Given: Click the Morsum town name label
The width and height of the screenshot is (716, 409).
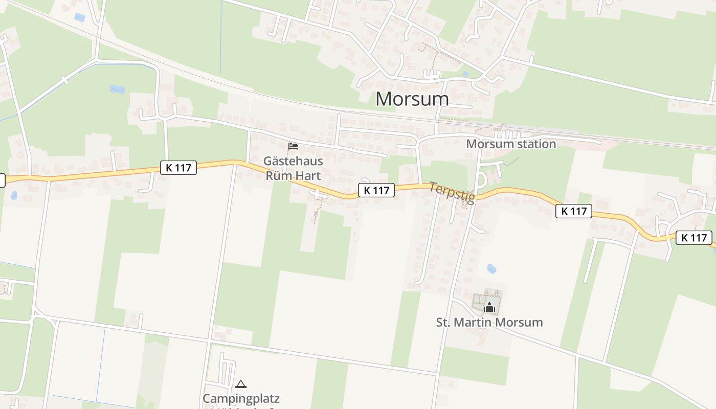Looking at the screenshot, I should point(412,99).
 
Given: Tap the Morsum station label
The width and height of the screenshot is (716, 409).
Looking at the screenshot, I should point(510,144).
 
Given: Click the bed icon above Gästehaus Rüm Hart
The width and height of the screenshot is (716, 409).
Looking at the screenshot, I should point(293,147).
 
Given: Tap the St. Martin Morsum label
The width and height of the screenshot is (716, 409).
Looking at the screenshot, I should point(489,323).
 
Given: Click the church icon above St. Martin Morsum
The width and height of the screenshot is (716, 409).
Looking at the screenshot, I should point(489,307).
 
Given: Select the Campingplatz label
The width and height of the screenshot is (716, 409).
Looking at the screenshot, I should point(241,398).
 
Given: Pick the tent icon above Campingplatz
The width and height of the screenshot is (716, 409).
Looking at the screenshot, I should point(241,384).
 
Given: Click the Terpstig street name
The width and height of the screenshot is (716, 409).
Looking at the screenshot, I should point(452,193).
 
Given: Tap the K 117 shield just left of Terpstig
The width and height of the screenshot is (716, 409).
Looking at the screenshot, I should point(376,190).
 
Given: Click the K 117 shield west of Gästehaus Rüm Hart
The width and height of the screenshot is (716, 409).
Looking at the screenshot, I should point(178,167).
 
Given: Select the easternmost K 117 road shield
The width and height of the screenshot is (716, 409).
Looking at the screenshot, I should point(693,238).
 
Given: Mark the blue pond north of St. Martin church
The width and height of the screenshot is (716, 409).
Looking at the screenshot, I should point(491,268).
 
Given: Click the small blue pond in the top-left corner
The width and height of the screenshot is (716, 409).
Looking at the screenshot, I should point(80,17).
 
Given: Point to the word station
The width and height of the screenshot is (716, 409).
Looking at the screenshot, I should point(535,144).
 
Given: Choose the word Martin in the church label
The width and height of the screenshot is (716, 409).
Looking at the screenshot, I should point(480,323).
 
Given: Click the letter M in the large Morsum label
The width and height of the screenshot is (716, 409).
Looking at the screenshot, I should point(385,99).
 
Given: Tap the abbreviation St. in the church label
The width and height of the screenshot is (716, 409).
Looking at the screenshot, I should point(443,323).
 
